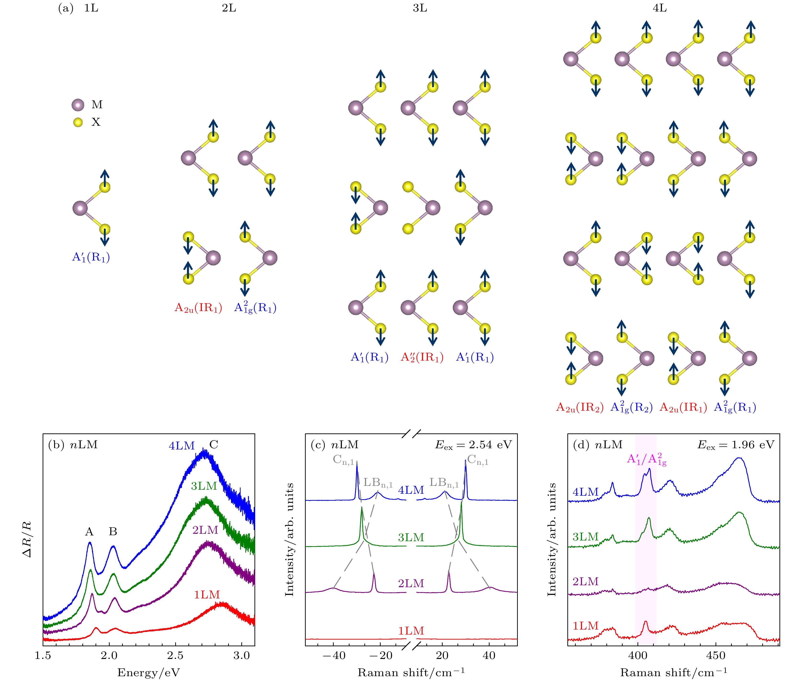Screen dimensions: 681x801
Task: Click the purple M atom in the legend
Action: coord(78,105)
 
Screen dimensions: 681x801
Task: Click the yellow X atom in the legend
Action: coord(78,122)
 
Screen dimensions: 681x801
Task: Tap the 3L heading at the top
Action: coord(420,8)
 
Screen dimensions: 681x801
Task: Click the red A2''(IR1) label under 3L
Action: coord(422,357)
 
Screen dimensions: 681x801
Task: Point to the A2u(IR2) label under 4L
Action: coord(579,407)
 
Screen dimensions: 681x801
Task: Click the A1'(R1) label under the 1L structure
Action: coord(91,257)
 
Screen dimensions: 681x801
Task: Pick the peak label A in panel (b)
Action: coord(89,532)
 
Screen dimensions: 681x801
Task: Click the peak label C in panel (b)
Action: coord(214,445)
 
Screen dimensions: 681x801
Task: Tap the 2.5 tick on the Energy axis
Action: coord(176,656)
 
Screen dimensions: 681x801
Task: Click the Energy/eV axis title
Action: coord(149,673)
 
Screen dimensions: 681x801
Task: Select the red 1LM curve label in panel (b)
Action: coord(207,595)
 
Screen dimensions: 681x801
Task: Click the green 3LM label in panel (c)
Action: coord(411,537)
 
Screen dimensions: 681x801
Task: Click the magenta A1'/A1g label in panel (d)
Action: coord(647,460)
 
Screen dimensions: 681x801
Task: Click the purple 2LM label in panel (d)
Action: coord(585,581)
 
